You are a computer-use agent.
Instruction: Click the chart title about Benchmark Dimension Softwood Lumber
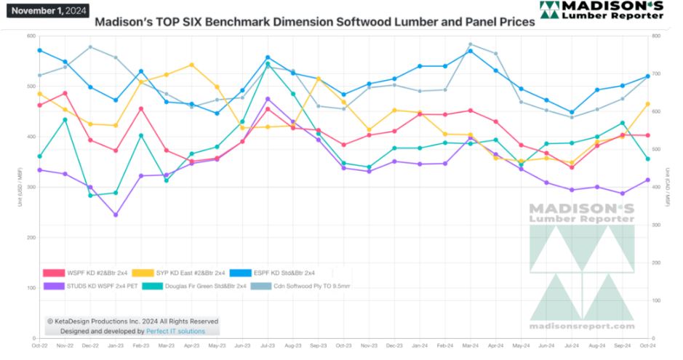tap(315, 22)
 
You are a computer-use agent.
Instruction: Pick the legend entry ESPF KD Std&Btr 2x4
tap(279, 273)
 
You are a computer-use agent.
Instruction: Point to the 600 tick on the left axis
tap(31, 36)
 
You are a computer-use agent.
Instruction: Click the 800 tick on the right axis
tap(658, 36)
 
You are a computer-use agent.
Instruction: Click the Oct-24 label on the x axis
tap(647, 345)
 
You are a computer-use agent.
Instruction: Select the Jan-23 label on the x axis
tap(115, 345)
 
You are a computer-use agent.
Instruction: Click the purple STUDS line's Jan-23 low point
tap(115, 215)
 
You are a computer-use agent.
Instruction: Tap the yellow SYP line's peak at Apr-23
tap(191, 65)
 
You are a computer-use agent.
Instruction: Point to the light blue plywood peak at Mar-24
tap(470, 44)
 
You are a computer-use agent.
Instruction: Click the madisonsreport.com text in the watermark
tap(581, 327)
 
